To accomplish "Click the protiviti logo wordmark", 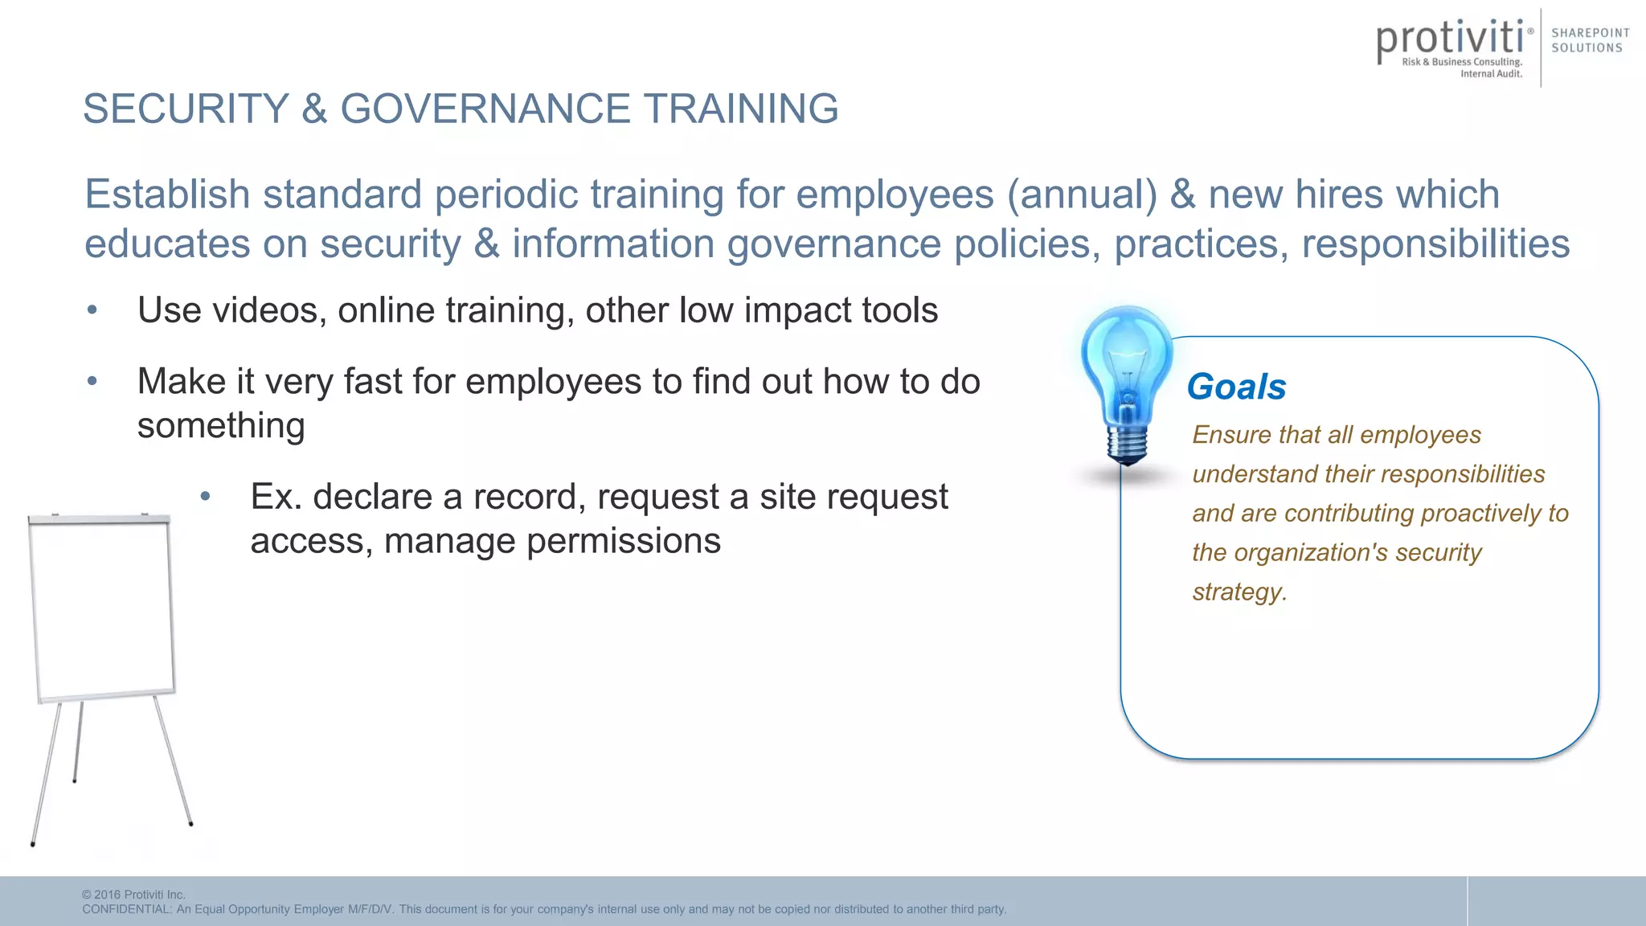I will pyautogui.click(x=1450, y=39).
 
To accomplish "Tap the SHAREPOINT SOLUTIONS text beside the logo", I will pyautogui.click(x=1590, y=40).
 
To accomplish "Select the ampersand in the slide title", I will pyautogui.click(x=314, y=109).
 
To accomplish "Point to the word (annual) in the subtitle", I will pyautogui.click(x=1082, y=195).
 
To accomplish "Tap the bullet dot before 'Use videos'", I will pyautogui.click(x=92, y=310).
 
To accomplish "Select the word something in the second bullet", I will pyautogui.click(x=221, y=426).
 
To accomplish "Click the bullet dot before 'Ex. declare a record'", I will pyautogui.click(x=206, y=497).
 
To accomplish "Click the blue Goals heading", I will pyautogui.click(x=1236, y=387).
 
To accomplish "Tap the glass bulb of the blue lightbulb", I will pyautogui.click(x=1126, y=362).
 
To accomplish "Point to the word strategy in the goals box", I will pyautogui.click(x=1239, y=592).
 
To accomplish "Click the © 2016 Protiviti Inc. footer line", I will pyautogui.click(x=134, y=895).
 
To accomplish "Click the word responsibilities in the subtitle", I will pyautogui.click(x=1435, y=244).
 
